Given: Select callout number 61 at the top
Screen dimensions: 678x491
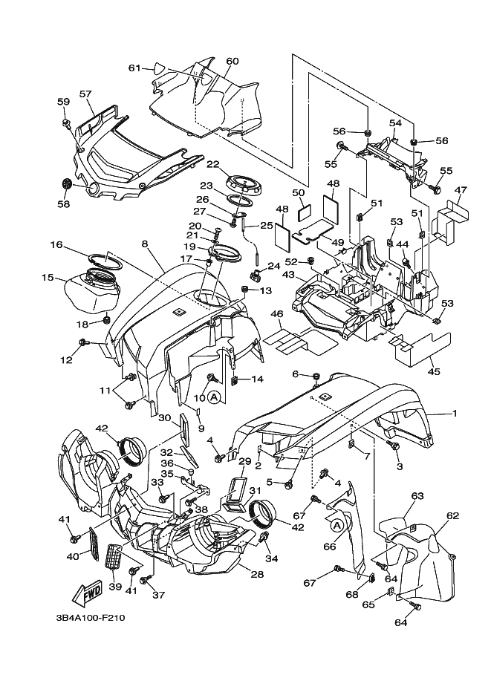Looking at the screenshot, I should (134, 68).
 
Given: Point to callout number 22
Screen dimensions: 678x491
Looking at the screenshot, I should (213, 164).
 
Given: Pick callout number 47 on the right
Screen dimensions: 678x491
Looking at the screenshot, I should (461, 191).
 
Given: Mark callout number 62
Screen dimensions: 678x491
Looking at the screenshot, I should (453, 514).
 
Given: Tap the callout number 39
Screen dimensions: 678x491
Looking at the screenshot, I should (114, 586).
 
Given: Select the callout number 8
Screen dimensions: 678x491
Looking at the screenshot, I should (145, 243).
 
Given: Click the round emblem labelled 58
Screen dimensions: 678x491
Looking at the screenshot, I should (65, 183).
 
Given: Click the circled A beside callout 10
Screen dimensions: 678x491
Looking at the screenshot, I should (214, 397).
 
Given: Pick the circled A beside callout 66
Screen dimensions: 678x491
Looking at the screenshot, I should (336, 525).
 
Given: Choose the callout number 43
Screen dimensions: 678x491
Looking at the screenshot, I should (287, 274).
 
